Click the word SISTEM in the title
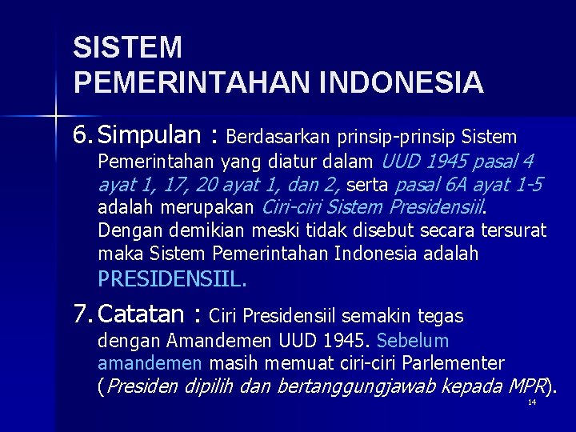[127, 47]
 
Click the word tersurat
[514, 231]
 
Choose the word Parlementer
[455, 363]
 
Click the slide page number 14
[532, 403]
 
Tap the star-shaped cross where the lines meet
[54, 117]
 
